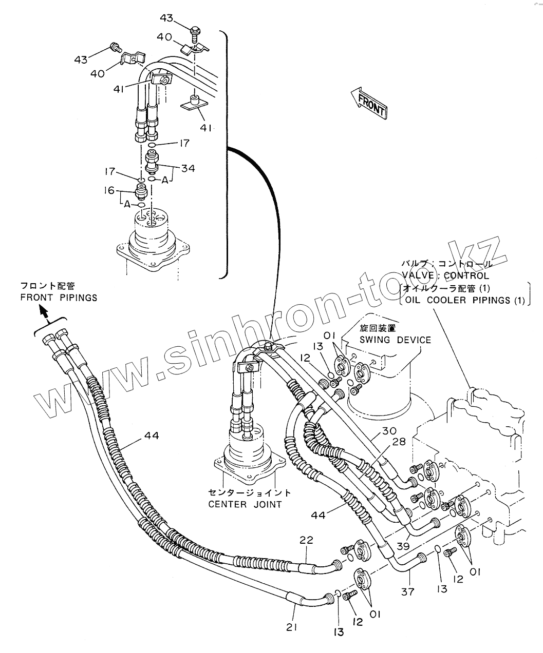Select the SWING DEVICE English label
(395, 340)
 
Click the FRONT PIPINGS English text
(59, 298)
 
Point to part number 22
(306, 540)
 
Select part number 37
(407, 592)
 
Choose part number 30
(389, 431)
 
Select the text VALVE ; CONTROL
(445, 275)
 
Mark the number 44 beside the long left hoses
(151, 436)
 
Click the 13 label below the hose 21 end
(339, 632)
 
